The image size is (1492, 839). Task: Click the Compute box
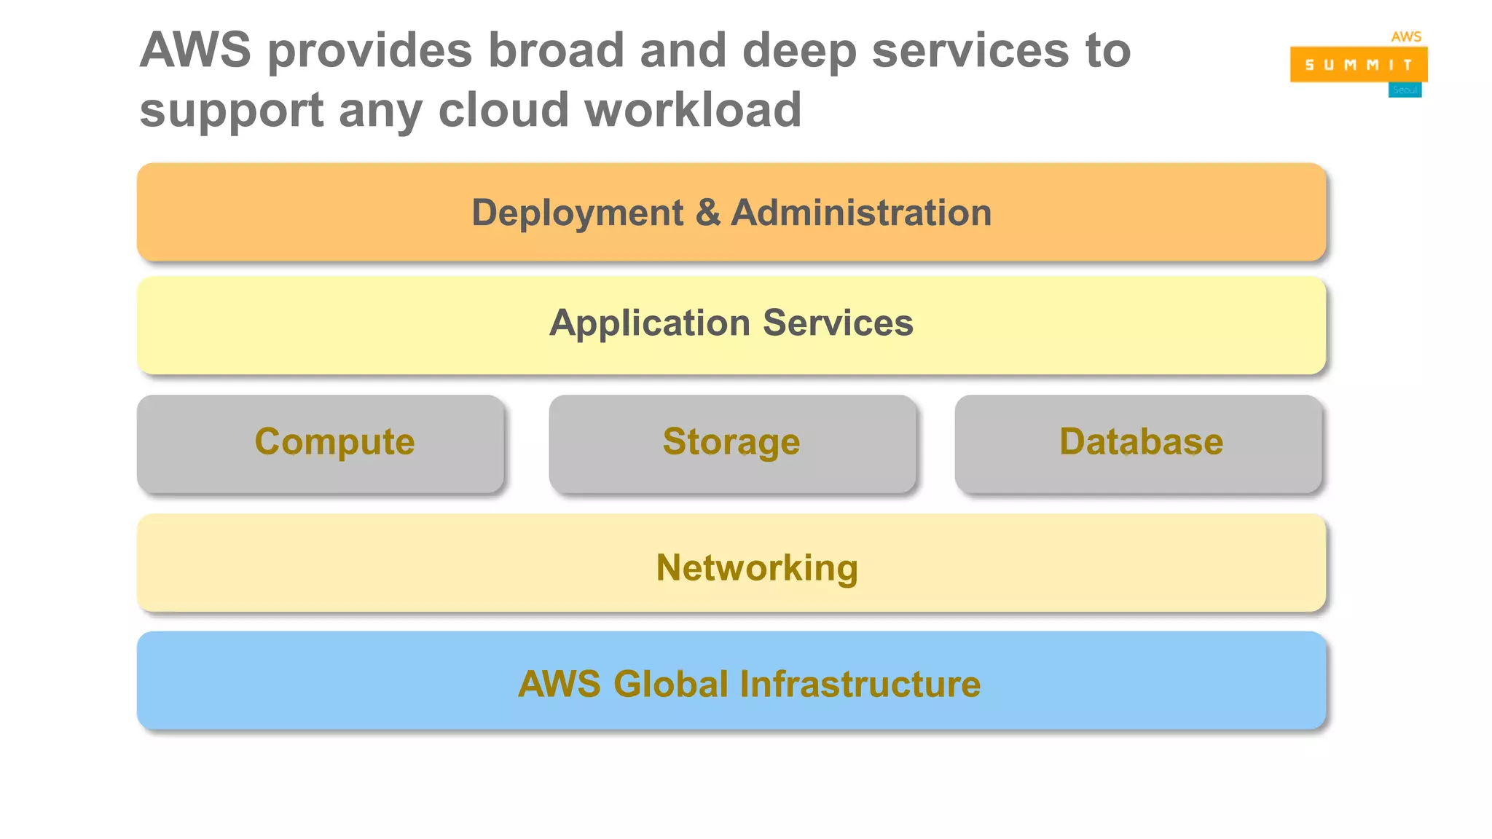321,444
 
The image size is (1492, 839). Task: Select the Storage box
732,444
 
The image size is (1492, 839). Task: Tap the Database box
1139,444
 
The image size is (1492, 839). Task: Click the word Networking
757,567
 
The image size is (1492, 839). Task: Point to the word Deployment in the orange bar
577,213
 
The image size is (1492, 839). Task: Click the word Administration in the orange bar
861,213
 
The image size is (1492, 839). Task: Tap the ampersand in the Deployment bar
707,213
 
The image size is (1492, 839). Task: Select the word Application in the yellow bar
649,323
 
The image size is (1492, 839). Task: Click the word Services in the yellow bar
838,323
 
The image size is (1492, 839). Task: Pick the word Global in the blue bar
670,684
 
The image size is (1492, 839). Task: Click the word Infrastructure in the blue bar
860,684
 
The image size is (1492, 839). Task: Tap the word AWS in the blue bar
559,684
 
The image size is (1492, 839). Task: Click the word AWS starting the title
195,50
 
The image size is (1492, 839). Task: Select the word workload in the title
693,110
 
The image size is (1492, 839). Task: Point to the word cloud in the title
503,110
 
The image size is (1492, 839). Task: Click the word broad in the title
556,50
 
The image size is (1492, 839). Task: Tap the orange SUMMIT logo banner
1358,64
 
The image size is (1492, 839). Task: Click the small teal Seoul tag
1405,90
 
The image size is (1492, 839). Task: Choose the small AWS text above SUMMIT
1406,36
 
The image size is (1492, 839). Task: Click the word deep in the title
798,52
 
